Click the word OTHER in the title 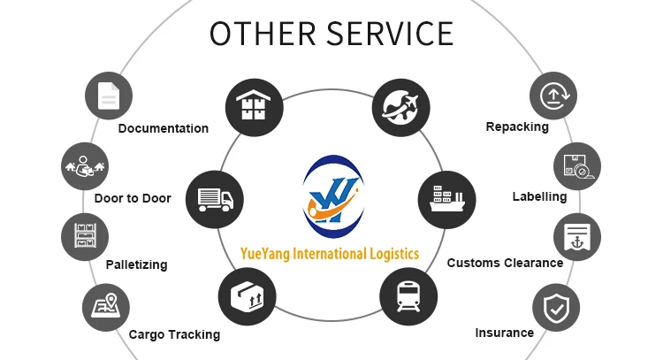[263, 33]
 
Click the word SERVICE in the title [389, 33]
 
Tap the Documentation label [164, 128]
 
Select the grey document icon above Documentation [109, 95]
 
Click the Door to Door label [133, 198]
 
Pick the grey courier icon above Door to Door [84, 165]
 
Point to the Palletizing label [136, 264]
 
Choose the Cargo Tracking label [174, 334]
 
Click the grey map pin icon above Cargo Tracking [105, 307]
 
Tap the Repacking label [517, 126]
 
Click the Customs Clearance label [505, 263]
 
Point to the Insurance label [504, 333]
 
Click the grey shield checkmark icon [556, 308]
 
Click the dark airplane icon [400, 105]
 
